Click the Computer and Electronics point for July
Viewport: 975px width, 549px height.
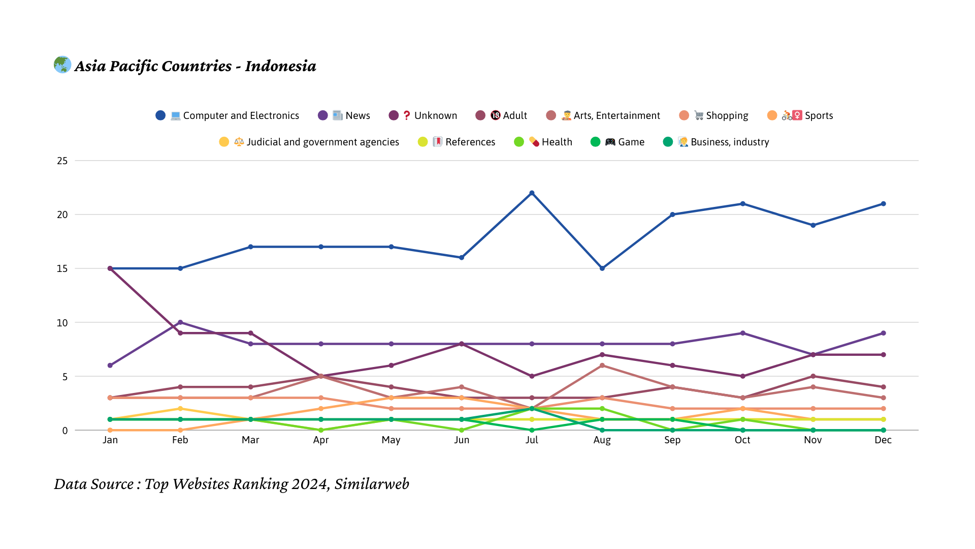coord(532,193)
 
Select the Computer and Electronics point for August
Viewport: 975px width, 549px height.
coord(602,268)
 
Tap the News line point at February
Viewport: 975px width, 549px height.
coord(180,322)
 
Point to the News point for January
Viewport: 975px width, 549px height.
coord(110,365)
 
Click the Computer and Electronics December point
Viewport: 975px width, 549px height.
coord(883,204)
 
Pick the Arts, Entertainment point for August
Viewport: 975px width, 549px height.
coord(602,365)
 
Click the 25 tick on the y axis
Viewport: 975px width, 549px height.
coord(62,161)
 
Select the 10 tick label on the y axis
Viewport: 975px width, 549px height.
coord(62,323)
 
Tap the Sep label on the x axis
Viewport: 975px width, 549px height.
coord(672,440)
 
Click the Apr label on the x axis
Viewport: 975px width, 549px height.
coord(321,440)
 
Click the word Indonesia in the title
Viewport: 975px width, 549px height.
coord(280,66)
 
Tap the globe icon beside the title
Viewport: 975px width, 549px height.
coord(62,65)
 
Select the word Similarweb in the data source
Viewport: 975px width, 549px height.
coord(372,484)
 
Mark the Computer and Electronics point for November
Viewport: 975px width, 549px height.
coord(813,225)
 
